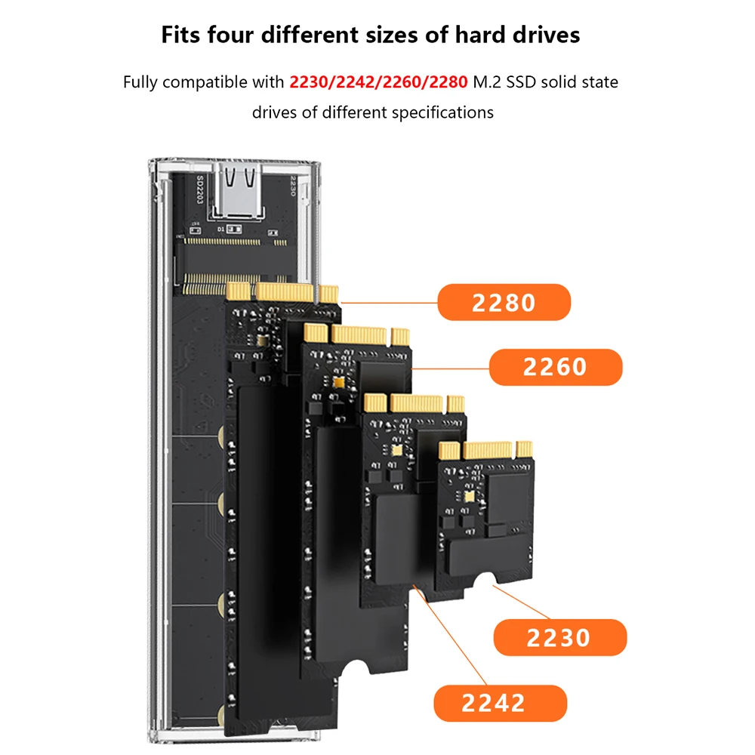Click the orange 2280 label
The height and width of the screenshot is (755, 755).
pos(504,303)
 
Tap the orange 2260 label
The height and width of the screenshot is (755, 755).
pos(555,368)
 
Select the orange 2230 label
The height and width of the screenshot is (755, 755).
pos(559,638)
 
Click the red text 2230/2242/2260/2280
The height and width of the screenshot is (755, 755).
pos(378,82)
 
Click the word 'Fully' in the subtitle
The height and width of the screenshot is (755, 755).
pos(141,82)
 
